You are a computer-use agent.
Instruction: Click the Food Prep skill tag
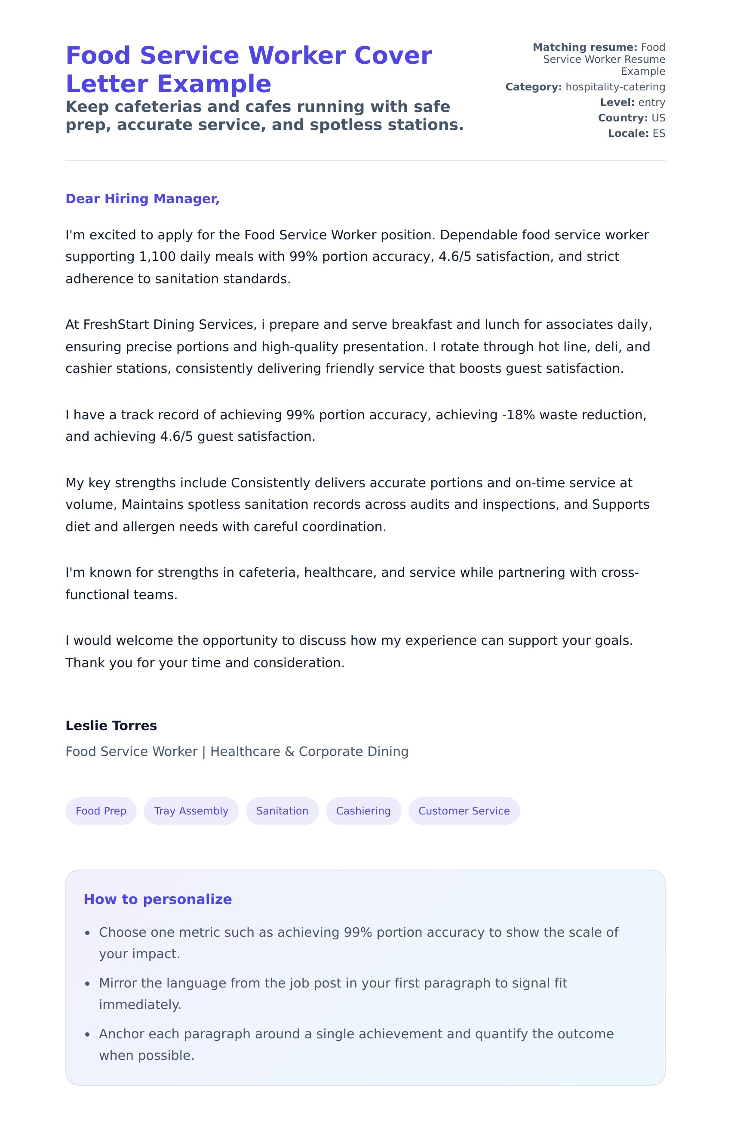(101, 811)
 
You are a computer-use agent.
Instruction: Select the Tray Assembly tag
(191, 811)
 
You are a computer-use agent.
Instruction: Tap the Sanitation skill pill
(282, 811)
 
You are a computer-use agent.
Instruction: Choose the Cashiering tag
(363, 811)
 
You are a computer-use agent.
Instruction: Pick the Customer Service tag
(464, 811)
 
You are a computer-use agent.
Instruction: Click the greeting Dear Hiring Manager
(142, 199)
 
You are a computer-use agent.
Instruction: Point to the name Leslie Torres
(111, 725)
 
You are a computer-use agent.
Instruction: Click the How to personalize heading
(157, 899)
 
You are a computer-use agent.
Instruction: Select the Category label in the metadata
(533, 87)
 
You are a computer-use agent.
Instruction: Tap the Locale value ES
(659, 133)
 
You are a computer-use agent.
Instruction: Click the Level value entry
(651, 103)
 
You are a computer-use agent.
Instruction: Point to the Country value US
(658, 118)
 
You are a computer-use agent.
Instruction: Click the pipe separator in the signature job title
(204, 752)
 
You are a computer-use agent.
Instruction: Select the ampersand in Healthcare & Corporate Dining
(289, 752)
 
